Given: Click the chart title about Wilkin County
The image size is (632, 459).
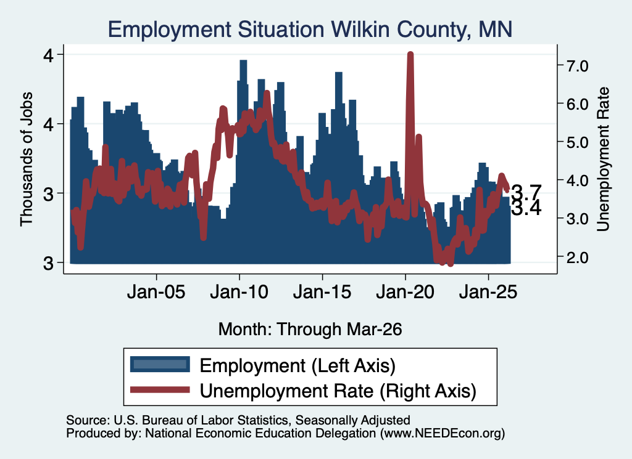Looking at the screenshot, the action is (x=310, y=30).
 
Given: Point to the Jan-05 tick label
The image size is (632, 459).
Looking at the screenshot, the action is (x=156, y=292).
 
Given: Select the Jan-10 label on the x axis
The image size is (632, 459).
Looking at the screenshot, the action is (x=239, y=292).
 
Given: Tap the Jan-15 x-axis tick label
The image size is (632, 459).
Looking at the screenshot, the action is (x=322, y=292).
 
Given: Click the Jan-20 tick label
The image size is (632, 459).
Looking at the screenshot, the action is (x=405, y=292).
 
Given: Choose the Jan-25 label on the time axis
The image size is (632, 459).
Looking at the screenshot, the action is (x=488, y=292).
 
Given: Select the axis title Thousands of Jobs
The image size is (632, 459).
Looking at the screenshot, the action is (x=26, y=160).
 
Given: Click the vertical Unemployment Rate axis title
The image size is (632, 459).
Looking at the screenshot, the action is (x=603, y=160).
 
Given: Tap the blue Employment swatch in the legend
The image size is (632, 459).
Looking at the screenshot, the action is (x=160, y=365).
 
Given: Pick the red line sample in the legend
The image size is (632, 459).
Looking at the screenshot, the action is (x=160, y=389).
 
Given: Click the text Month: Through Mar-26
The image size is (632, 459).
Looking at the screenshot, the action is (x=310, y=329).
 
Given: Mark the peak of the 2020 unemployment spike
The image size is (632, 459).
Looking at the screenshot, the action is (x=410, y=54).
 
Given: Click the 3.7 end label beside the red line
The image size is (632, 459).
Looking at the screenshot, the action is (x=526, y=192).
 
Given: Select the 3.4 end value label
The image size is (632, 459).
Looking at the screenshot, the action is (x=526, y=208).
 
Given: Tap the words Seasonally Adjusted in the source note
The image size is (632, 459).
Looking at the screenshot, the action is (x=352, y=420).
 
